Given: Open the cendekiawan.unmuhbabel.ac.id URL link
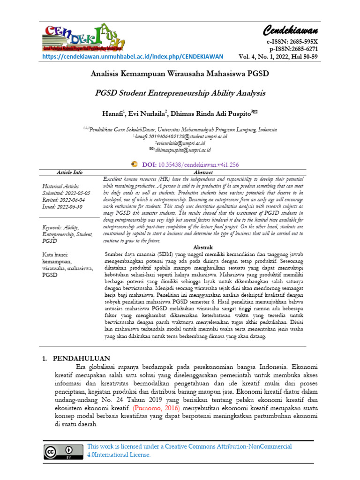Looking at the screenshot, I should point(133,57).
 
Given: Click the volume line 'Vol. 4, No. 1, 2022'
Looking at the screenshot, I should point(264,57).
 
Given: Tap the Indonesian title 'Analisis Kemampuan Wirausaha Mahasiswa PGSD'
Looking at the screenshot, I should point(180,74).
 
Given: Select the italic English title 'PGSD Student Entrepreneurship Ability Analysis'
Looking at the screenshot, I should point(180,93).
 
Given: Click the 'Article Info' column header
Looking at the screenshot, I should point(69,172).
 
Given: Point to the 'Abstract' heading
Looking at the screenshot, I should point(203,172).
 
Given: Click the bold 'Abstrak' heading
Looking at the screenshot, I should point(203,247).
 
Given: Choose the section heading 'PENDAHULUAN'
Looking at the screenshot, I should point(82,359).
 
